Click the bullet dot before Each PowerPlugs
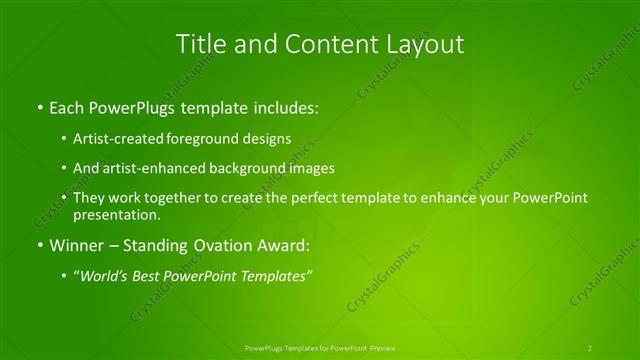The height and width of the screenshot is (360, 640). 38,105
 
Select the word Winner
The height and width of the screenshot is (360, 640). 78,245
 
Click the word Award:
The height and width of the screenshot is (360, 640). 285,245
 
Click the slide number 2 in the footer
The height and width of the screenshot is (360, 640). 590,347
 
